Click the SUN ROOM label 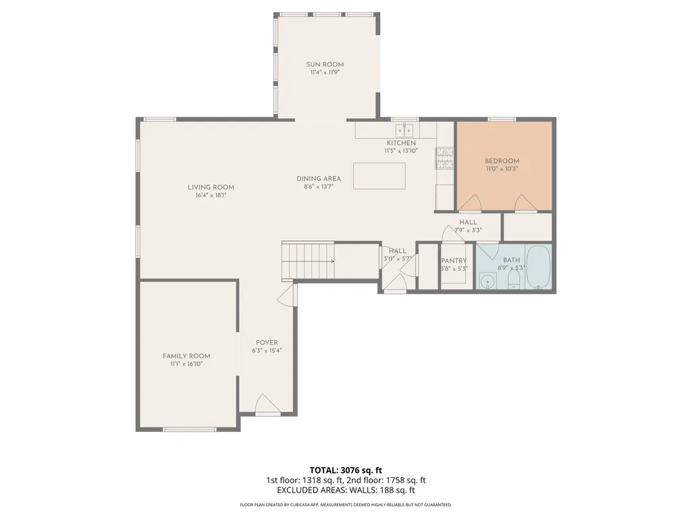pyautogui.click(x=325, y=64)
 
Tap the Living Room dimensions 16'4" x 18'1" pyautogui.click(x=211, y=195)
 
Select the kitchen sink pyautogui.click(x=404, y=130)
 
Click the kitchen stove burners pyautogui.click(x=445, y=158)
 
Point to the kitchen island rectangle pyautogui.click(x=379, y=175)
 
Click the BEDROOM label pyautogui.click(x=502, y=161)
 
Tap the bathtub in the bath pyautogui.click(x=539, y=267)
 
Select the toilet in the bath pyautogui.click(x=514, y=279)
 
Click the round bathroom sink pyautogui.click(x=487, y=281)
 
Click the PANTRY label pyautogui.click(x=454, y=261)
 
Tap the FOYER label pyautogui.click(x=267, y=342)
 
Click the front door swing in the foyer pyautogui.click(x=267, y=404)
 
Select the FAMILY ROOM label pyautogui.click(x=186, y=356)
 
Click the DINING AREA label pyautogui.click(x=319, y=179)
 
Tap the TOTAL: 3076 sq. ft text pyautogui.click(x=346, y=470)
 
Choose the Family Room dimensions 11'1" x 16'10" pyautogui.click(x=186, y=364)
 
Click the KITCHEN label pyautogui.click(x=401, y=143)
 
